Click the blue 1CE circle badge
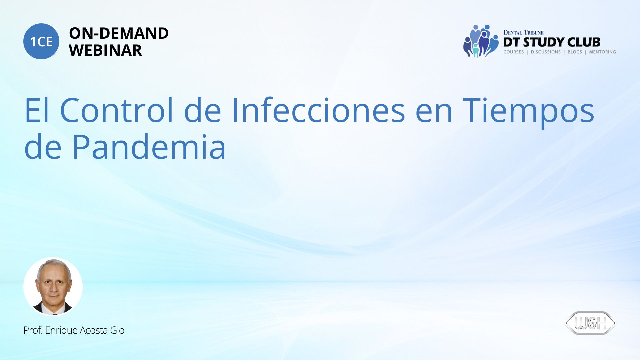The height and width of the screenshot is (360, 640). (x=41, y=41)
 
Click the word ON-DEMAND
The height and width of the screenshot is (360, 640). (x=119, y=33)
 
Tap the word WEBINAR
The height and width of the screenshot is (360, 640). (x=105, y=50)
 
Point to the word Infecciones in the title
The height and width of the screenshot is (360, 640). (x=318, y=110)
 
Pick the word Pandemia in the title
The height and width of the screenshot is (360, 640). (x=149, y=147)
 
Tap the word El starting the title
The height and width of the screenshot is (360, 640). (x=37, y=110)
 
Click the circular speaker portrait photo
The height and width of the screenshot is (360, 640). (x=53, y=287)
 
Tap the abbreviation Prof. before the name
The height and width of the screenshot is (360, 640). (x=33, y=330)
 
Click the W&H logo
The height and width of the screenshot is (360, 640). (x=590, y=323)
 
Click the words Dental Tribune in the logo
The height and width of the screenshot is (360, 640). (x=523, y=33)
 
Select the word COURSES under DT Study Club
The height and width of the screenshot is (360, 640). (x=513, y=52)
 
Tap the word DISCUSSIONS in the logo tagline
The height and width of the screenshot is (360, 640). (x=546, y=52)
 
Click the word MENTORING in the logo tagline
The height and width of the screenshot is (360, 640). (x=602, y=52)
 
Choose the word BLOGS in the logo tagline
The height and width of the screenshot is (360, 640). (x=575, y=52)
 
